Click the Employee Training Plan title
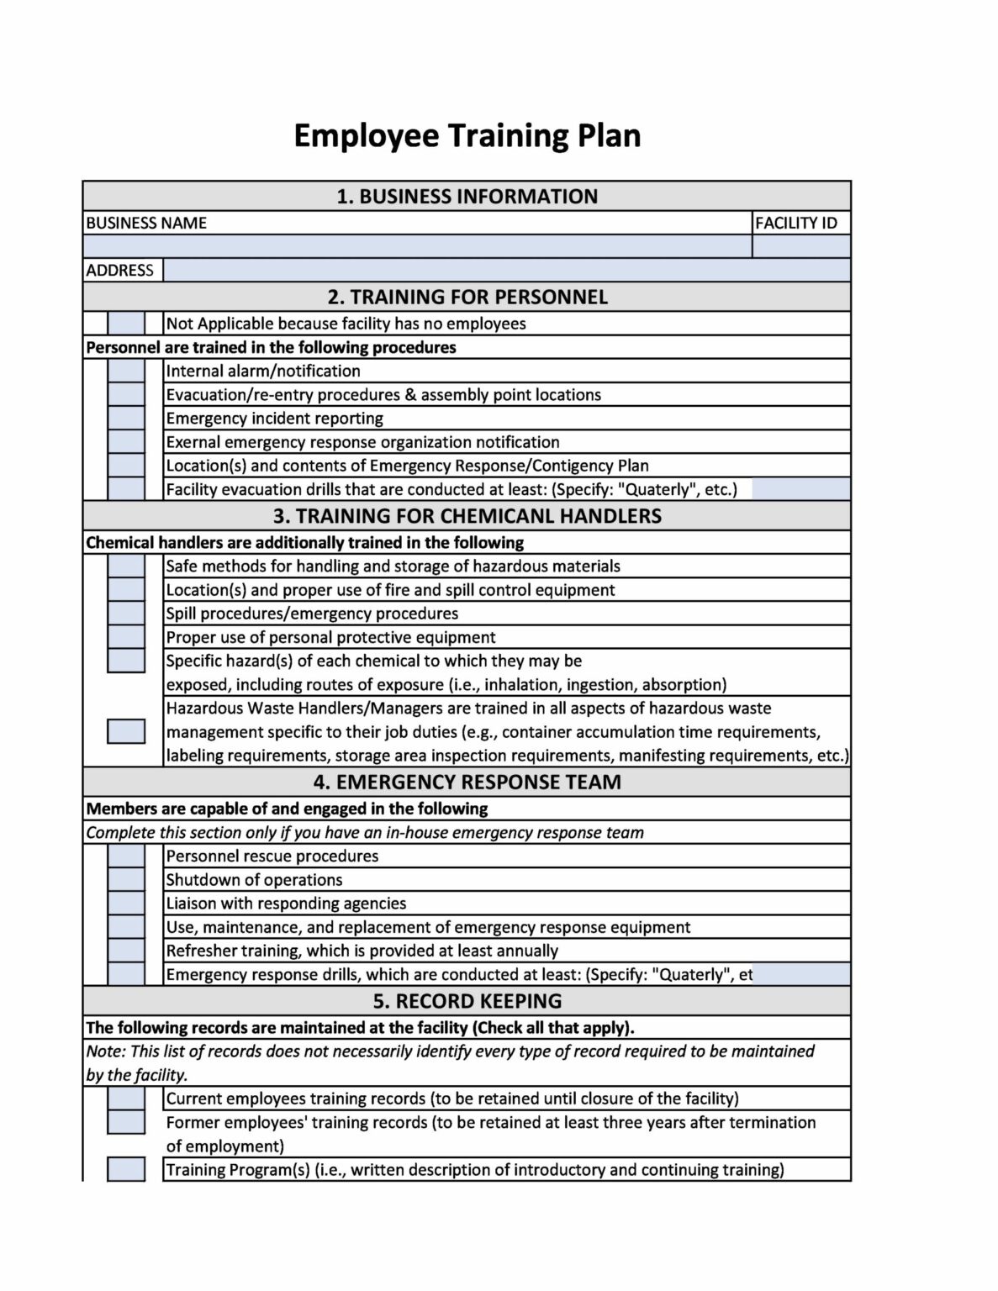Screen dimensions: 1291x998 467,135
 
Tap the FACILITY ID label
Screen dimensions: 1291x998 795,223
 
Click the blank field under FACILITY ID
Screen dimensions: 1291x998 800,246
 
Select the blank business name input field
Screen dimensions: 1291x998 417,246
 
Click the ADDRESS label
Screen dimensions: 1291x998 120,270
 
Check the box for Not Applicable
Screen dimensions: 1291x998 126,324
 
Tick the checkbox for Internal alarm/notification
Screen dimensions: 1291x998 126,371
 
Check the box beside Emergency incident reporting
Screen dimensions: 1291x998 126,418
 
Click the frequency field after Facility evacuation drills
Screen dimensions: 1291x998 800,489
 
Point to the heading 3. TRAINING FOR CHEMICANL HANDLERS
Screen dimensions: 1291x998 467,515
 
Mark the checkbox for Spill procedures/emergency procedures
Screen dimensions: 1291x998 126,614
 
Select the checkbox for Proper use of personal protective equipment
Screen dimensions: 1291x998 126,637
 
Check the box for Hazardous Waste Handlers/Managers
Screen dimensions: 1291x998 126,731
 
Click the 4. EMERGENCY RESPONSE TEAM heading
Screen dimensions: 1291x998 467,782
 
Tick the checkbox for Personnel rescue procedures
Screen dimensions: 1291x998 126,856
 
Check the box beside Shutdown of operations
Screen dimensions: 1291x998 126,880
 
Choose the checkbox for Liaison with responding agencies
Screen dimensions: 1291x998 126,904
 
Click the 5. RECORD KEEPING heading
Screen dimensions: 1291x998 467,1001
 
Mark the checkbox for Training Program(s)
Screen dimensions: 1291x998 126,1169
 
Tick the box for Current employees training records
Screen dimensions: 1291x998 126,1099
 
